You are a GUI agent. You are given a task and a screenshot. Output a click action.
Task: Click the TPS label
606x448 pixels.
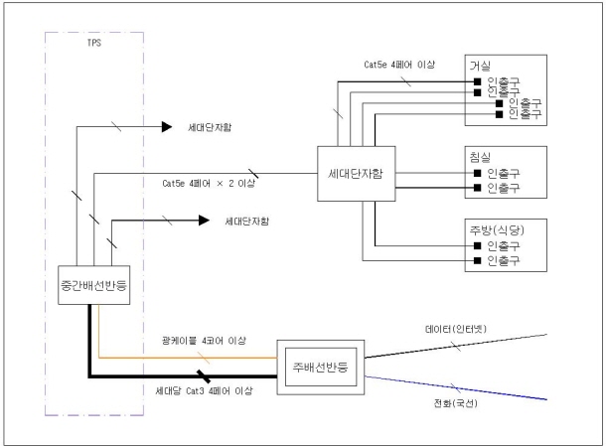(x=95, y=44)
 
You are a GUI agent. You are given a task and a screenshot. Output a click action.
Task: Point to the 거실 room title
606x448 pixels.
(x=481, y=66)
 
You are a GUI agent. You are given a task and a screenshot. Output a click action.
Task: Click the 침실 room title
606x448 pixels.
(x=481, y=158)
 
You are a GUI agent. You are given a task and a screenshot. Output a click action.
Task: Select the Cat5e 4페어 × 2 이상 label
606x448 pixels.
(x=204, y=184)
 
